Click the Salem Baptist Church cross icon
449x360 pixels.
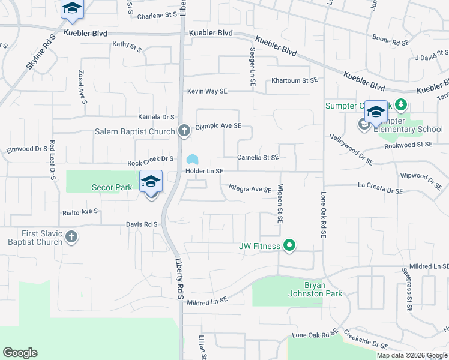tap(184, 131)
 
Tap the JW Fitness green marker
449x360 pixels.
tap(289, 245)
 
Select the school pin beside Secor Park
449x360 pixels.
tap(151, 182)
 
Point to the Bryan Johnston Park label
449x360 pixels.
tap(323, 289)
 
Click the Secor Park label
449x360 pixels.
tap(112, 187)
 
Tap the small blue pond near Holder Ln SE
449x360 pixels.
tap(192, 160)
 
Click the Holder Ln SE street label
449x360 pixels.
tap(204, 172)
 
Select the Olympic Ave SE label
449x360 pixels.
tap(218, 126)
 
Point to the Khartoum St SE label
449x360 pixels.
tap(294, 80)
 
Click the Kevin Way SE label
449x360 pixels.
tap(207, 91)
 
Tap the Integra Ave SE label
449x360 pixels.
tap(250, 189)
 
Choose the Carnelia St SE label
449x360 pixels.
tap(258, 157)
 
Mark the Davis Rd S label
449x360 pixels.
tap(142, 224)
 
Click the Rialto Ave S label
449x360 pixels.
tap(80, 212)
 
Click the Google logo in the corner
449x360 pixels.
tap(20, 353)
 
